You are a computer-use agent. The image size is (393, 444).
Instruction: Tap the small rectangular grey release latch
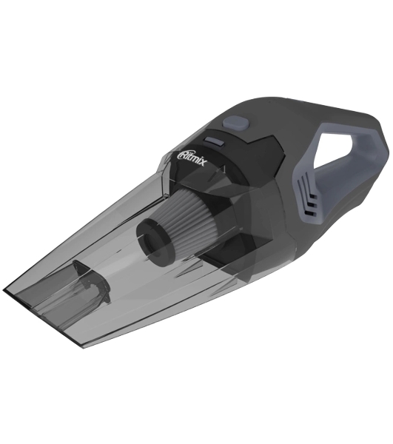[214, 141]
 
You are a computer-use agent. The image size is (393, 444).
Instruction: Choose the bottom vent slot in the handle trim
[311, 212]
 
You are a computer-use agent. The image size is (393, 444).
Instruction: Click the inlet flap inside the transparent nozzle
[90, 282]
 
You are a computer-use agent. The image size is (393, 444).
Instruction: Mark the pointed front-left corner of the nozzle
[4, 291]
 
